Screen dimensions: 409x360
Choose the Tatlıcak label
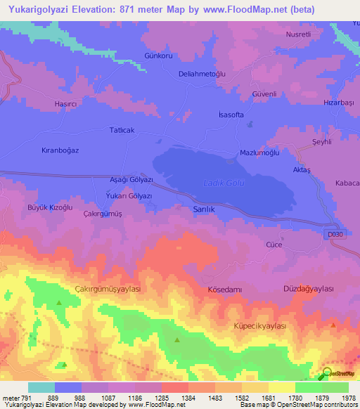coord(122,130)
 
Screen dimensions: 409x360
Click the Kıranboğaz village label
coord(60,150)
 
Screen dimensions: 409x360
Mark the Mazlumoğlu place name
coord(260,152)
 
